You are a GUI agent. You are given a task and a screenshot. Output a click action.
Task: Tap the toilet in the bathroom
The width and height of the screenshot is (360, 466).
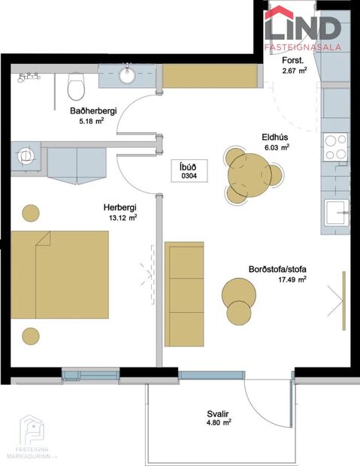click(x=76, y=87)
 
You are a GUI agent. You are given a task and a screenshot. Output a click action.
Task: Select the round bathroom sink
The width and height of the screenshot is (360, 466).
click(x=126, y=76)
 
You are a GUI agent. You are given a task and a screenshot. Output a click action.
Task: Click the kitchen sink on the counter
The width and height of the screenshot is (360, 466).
click(x=335, y=212)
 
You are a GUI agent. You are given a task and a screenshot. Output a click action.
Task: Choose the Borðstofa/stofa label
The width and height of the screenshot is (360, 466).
click(x=278, y=270)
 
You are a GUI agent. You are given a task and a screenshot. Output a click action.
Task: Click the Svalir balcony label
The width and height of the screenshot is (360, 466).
click(x=218, y=413)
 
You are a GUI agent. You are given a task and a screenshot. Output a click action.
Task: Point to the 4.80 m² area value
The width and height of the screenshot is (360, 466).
click(x=218, y=424)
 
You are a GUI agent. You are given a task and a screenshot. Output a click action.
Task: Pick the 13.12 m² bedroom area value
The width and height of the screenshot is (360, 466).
click(x=122, y=218)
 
